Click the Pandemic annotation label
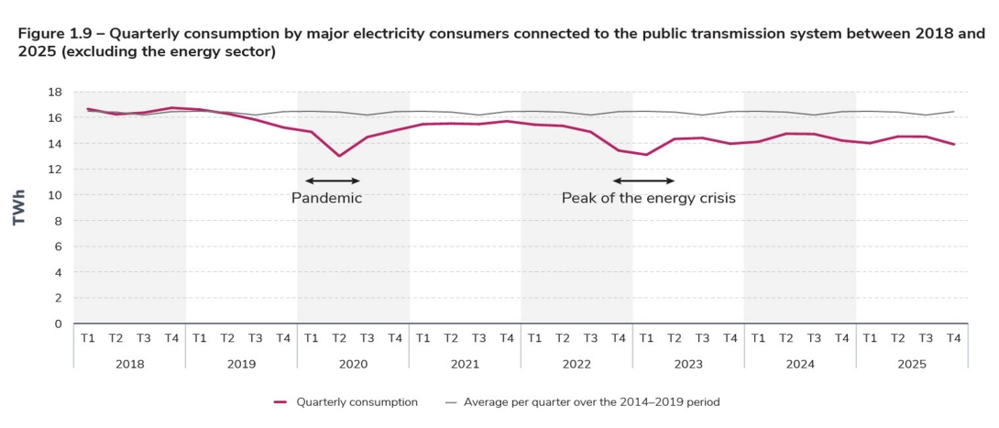[326, 198]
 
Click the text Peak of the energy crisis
[649, 198]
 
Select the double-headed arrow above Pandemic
[332, 181]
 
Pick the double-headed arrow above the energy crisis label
[643, 181]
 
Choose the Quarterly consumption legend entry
[346, 401]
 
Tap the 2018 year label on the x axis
[129, 364]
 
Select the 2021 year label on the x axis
[465, 364]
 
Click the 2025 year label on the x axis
[912, 364]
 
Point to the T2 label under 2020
[339, 338]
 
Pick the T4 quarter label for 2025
[954, 338]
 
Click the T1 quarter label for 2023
[647, 338]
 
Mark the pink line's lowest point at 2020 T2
[339, 156]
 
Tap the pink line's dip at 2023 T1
[647, 155]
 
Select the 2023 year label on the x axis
[688, 364]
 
